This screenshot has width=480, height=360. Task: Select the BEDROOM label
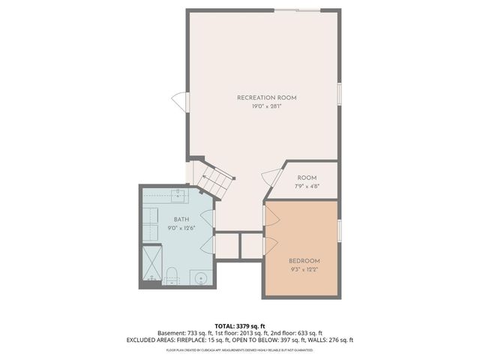[304, 260]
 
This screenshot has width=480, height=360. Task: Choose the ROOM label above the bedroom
[307, 178]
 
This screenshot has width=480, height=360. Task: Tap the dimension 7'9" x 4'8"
[307, 186]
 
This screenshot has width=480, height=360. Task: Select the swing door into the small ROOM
[268, 178]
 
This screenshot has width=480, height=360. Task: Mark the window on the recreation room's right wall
[340, 92]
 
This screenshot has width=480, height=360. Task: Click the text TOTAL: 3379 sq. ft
[240, 325]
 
